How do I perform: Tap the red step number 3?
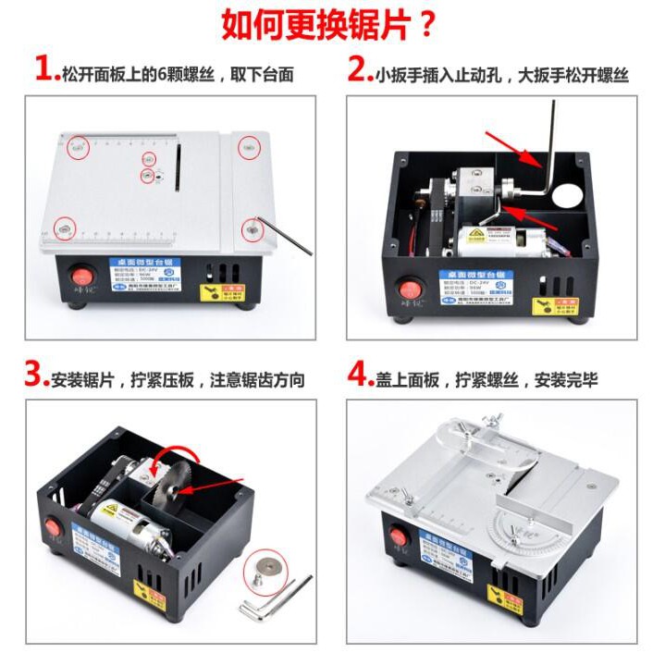36,375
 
